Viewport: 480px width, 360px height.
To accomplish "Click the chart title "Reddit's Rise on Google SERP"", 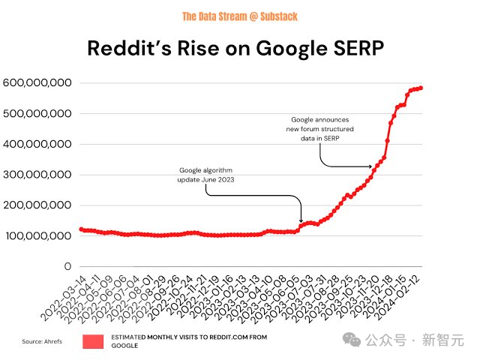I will (240, 49).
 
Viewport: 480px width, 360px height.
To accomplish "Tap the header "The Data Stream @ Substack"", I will (240, 16).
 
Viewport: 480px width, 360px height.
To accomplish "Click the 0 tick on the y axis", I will (67, 266).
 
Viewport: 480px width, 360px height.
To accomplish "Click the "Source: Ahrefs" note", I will (43, 342).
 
